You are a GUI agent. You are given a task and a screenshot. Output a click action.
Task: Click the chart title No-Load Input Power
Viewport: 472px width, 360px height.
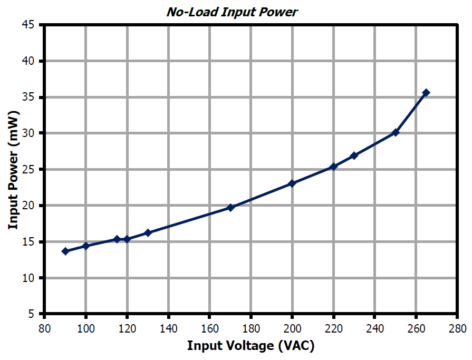tap(233, 12)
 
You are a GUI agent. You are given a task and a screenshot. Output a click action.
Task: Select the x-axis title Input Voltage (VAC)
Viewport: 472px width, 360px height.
tap(251, 346)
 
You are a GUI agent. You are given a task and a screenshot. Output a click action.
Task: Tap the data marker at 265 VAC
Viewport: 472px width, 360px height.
tap(426, 93)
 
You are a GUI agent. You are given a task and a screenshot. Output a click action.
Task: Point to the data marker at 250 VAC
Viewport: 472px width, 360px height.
tap(396, 132)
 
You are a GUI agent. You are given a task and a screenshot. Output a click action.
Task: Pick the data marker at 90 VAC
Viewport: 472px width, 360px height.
tap(65, 251)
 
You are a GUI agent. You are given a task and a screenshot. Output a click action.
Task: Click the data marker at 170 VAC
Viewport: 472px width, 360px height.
tap(230, 208)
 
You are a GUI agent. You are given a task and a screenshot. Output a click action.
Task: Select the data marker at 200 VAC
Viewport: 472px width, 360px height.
tap(292, 183)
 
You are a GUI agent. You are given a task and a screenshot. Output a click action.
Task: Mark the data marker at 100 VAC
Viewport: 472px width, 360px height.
tap(86, 246)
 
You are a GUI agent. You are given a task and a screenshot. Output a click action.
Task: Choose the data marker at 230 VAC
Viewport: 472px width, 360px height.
tap(354, 155)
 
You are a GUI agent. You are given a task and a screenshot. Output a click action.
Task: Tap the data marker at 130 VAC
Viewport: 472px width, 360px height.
tap(148, 232)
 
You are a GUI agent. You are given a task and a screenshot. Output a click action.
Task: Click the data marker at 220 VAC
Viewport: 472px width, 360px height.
tap(333, 167)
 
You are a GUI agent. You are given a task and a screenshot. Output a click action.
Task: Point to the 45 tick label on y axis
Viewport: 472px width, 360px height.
tap(29, 25)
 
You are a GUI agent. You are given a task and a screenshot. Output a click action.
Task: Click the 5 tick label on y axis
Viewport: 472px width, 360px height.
tap(32, 314)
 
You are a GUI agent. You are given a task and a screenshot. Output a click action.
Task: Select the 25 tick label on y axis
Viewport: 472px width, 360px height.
tap(29, 170)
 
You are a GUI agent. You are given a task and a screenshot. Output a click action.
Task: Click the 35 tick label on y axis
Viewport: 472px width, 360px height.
tap(29, 98)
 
